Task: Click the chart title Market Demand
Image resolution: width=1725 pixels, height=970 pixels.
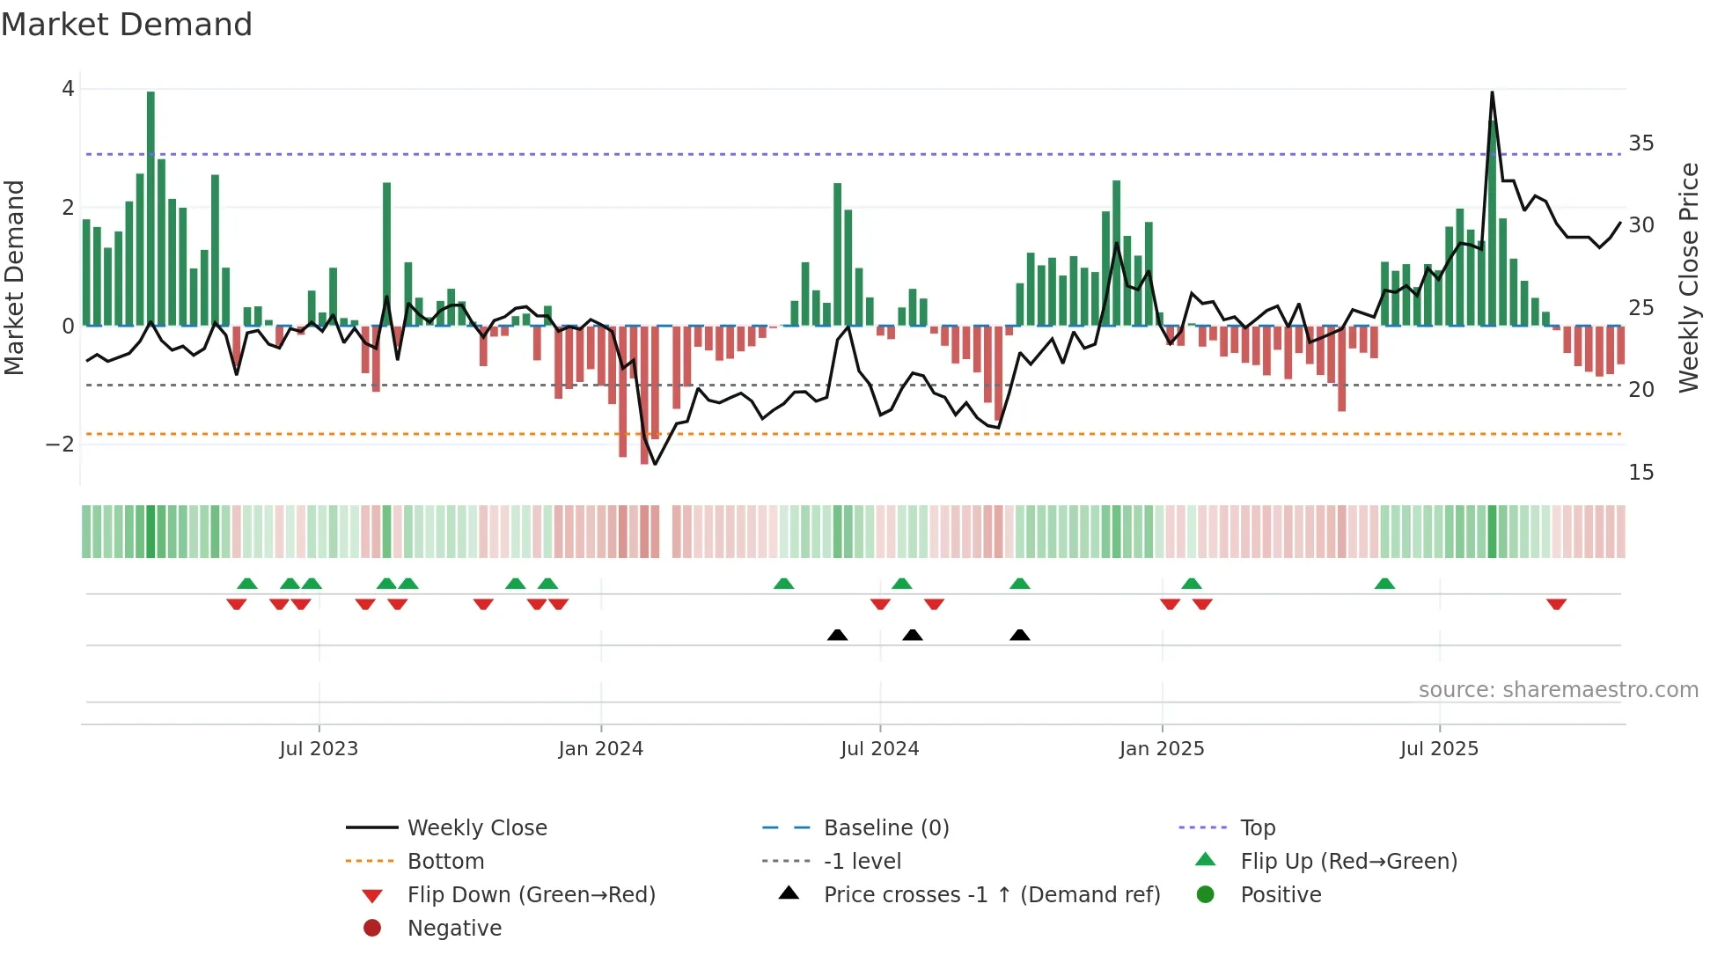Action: coord(127,25)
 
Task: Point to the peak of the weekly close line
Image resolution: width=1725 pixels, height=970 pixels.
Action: coord(1492,93)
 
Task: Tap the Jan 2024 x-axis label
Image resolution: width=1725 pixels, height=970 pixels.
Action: coord(600,749)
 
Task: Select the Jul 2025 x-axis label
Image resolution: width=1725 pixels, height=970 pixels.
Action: coord(1439,749)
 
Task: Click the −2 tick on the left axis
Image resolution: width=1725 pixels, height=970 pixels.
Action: coord(61,445)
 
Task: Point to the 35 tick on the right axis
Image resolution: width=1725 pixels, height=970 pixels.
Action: coord(1641,143)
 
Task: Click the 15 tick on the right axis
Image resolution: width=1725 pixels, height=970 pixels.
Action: coord(1641,473)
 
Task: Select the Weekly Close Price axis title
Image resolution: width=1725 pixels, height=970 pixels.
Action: coord(1688,277)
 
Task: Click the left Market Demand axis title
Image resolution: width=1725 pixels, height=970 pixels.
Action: coord(14,277)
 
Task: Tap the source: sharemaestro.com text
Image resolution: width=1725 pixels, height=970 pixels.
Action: coord(1558,690)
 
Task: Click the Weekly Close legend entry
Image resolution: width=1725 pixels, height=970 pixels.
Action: coord(476,828)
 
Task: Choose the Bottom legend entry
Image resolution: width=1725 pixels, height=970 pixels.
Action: coord(445,862)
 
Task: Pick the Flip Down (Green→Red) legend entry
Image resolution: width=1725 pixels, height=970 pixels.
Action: coord(531,895)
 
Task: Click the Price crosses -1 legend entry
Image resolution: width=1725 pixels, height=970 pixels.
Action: coord(991,895)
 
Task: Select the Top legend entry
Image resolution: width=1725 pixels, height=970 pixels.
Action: coord(1258,828)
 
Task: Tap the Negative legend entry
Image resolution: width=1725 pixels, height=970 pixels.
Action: coord(454,929)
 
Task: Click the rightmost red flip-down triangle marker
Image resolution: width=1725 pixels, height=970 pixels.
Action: coord(1556,604)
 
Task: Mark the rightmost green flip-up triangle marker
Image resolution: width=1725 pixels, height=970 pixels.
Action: coord(1384,584)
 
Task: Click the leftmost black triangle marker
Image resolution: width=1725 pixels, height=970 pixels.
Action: coord(838,635)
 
